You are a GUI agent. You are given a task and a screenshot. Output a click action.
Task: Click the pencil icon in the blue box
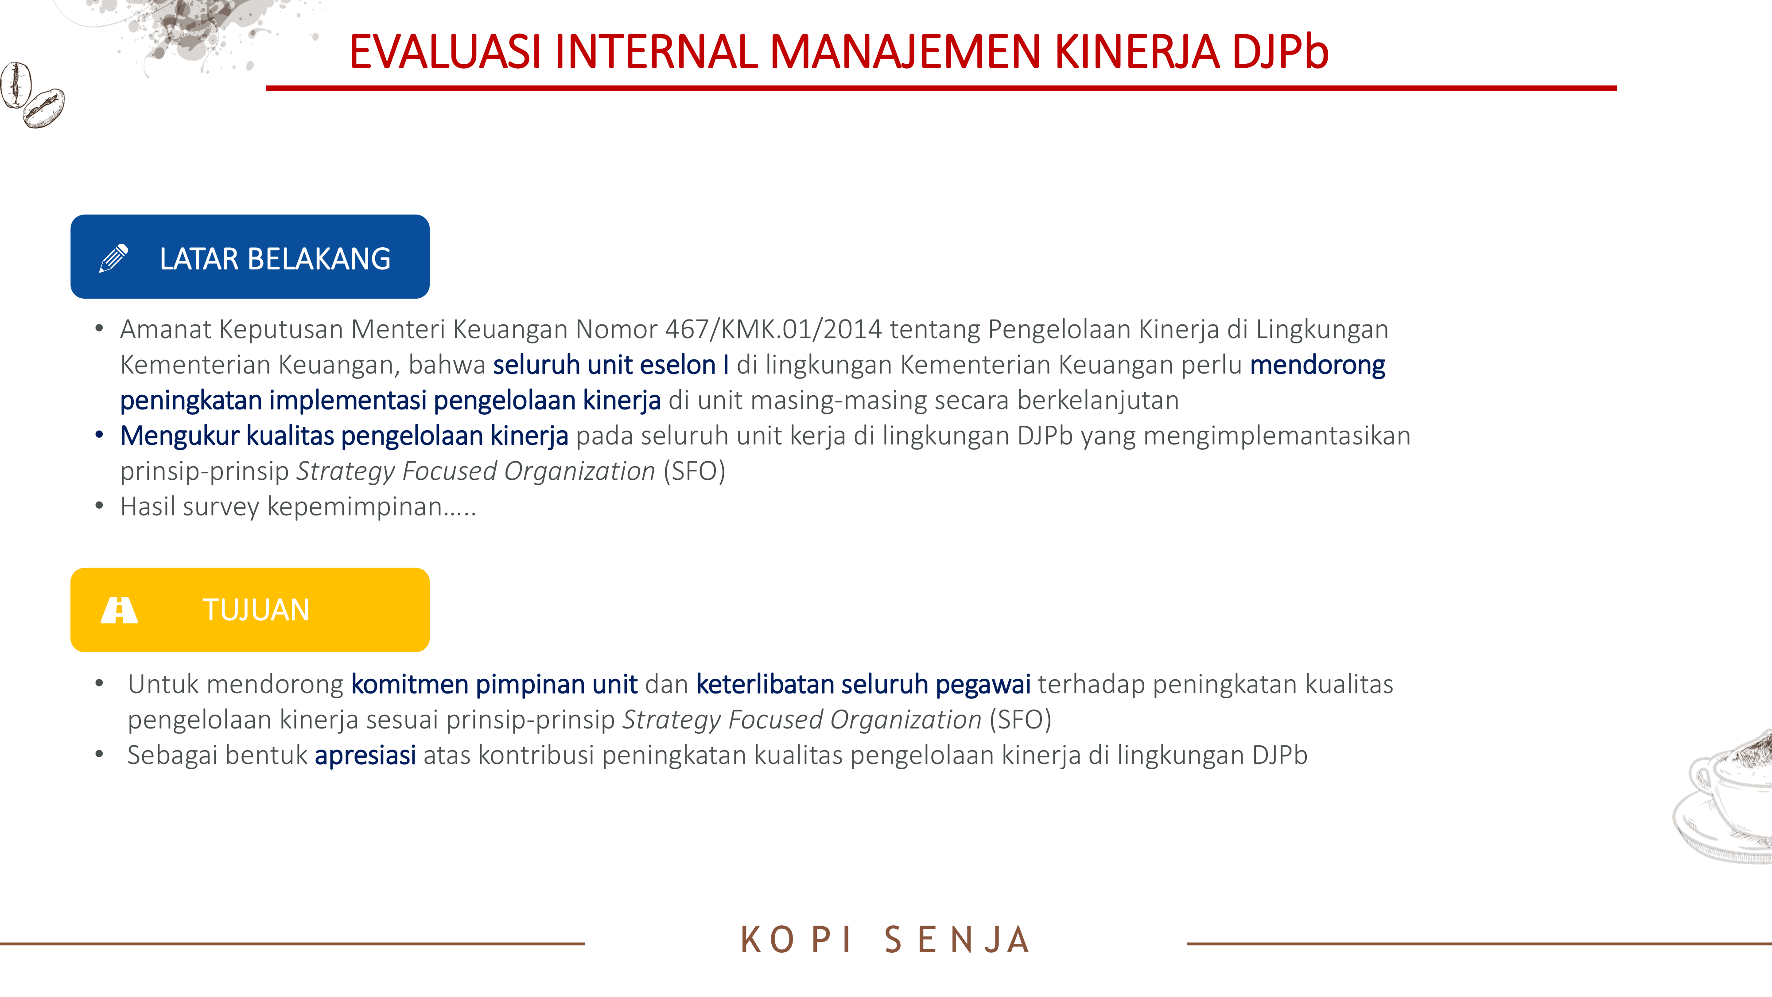click(113, 258)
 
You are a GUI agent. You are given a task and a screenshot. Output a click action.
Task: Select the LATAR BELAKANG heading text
click(275, 259)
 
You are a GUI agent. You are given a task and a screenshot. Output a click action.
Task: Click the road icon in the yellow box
click(119, 610)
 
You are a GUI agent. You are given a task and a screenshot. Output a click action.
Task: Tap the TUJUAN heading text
click(256, 610)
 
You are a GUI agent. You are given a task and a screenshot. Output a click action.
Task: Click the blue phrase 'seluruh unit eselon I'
click(611, 365)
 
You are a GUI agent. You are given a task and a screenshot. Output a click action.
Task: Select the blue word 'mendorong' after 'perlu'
click(1317, 365)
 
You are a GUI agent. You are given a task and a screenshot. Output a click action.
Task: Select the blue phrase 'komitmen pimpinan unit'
click(494, 685)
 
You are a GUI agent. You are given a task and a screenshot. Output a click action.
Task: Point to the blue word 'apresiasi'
click(365, 756)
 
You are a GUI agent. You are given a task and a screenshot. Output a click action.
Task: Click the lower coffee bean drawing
click(44, 108)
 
